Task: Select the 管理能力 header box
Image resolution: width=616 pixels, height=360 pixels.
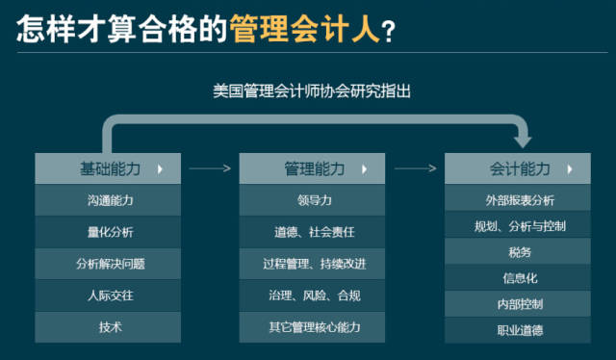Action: pyautogui.click(x=312, y=168)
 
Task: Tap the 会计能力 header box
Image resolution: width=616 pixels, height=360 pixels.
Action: pyautogui.click(x=517, y=168)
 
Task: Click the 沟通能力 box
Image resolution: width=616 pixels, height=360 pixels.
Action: pyautogui.click(x=108, y=200)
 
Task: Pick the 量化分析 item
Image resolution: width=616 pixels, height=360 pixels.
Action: pyautogui.click(x=108, y=232)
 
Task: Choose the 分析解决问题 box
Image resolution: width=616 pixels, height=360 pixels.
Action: pyautogui.click(x=108, y=264)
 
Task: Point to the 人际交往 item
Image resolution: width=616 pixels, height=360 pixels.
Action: pyautogui.click(x=108, y=296)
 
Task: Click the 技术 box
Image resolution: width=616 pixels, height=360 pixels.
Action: pyautogui.click(x=108, y=327)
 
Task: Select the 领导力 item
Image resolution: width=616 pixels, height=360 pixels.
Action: pyautogui.click(x=312, y=200)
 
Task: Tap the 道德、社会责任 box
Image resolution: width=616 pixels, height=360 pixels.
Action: pyautogui.click(x=312, y=232)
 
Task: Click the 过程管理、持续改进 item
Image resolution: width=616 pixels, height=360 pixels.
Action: pyautogui.click(x=312, y=264)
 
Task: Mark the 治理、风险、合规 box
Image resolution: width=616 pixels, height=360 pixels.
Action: pyautogui.click(x=312, y=296)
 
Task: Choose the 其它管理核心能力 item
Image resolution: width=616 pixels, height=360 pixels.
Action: pyautogui.click(x=312, y=327)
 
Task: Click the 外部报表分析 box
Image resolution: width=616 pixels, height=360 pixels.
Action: pyautogui.click(x=517, y=200)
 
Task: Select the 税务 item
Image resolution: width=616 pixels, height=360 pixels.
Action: pyautogui.click(x=517, y=252)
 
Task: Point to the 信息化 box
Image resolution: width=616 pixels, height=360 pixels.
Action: pyautogui.click(x=517, y=278)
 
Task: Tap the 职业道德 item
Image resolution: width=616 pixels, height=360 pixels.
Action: pyautogui.click(x=517, y=330)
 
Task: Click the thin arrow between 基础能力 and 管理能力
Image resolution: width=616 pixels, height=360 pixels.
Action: pyautogui.click(x=210, y=168)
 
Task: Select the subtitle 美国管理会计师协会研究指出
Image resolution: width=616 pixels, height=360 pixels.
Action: pyautogui.click(x=312, y=92)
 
